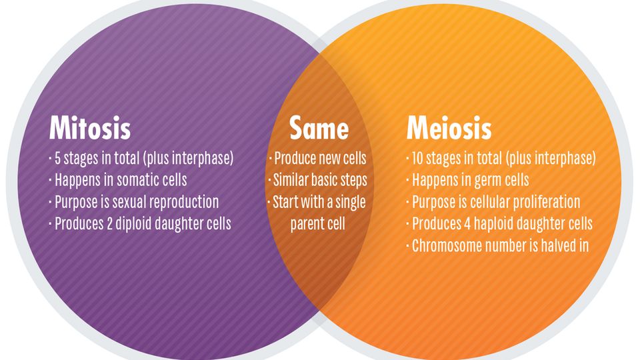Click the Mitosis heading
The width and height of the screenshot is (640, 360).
89,128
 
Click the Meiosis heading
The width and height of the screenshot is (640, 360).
449,128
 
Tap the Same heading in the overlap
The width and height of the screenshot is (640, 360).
319,128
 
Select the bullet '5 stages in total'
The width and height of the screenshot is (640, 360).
141,159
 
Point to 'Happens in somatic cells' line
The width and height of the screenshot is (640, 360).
118,180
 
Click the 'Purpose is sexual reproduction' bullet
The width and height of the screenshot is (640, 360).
133,201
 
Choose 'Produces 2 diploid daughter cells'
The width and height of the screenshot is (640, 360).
140,223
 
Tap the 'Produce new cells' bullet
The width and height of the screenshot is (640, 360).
318,159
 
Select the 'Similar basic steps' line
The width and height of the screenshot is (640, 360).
318,180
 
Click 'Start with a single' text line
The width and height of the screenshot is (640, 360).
318,201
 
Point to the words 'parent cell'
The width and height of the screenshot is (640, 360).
318,223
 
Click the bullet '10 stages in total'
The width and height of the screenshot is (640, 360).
501,159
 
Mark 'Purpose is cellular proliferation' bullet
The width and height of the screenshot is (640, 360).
493,201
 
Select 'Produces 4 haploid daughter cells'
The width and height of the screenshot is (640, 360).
499,223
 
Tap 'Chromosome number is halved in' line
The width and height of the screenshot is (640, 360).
497,245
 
